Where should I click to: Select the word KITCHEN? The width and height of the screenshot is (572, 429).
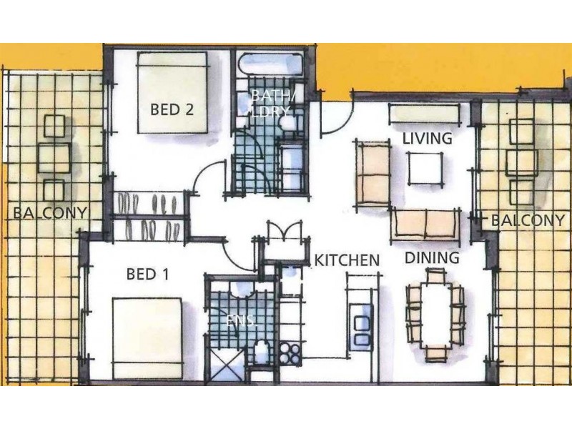point(347,260)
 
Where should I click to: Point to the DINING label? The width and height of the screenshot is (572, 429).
point(432,257)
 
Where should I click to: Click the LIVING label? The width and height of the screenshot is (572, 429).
point(428,138)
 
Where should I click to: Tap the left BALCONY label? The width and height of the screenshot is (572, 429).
point(50,212)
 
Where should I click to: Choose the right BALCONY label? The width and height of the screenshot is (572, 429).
point(527,220)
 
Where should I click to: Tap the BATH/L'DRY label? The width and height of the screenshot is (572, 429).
point(270,102)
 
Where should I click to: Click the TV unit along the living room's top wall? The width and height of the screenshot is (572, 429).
point(424,114)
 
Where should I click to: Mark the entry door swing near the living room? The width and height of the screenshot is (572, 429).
point(335,114)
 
